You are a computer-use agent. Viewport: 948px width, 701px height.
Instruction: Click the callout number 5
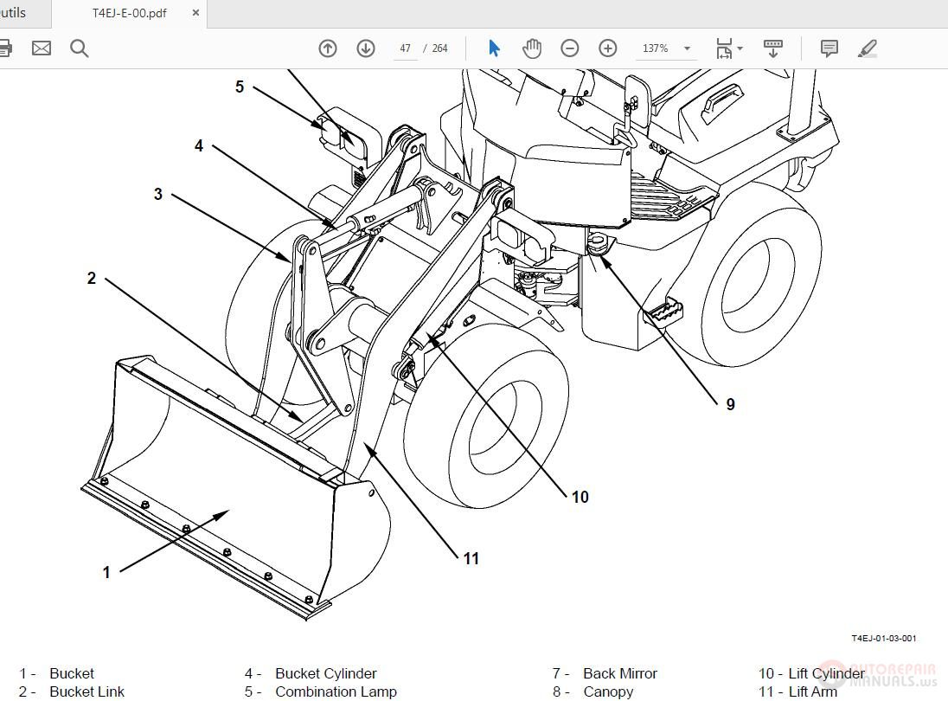pos(240,87)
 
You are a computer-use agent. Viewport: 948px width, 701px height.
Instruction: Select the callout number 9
pos(730,404)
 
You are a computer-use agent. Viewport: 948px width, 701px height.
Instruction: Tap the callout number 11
pos(471,558)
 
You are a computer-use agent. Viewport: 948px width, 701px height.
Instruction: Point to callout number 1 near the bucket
pos(106,572)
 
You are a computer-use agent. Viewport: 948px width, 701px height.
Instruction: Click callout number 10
pos(580,497)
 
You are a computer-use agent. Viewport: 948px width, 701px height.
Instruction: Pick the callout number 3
pos(157,194)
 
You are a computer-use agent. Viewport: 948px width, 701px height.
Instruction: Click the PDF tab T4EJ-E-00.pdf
pos(130,13)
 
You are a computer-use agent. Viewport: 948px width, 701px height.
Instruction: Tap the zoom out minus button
pos(569,48)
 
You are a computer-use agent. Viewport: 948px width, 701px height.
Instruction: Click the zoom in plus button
pos(608,48)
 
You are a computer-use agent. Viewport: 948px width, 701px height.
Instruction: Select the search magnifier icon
pos(80,48)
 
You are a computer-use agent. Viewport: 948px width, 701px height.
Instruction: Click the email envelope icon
pos(42,48)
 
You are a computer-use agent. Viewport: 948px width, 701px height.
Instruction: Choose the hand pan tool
pos(532,48)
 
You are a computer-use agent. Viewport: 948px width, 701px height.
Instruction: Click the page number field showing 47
pos(405,48)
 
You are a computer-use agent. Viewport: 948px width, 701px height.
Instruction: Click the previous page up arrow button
pos(328,48)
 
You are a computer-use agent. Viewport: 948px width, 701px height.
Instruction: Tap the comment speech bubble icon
pos(829,48)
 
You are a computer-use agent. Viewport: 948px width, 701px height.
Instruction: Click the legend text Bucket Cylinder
pos(325,673)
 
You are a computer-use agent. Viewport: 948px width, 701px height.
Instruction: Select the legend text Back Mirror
pos(619,673)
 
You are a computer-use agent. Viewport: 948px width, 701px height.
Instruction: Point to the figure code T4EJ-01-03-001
pos(883,639)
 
